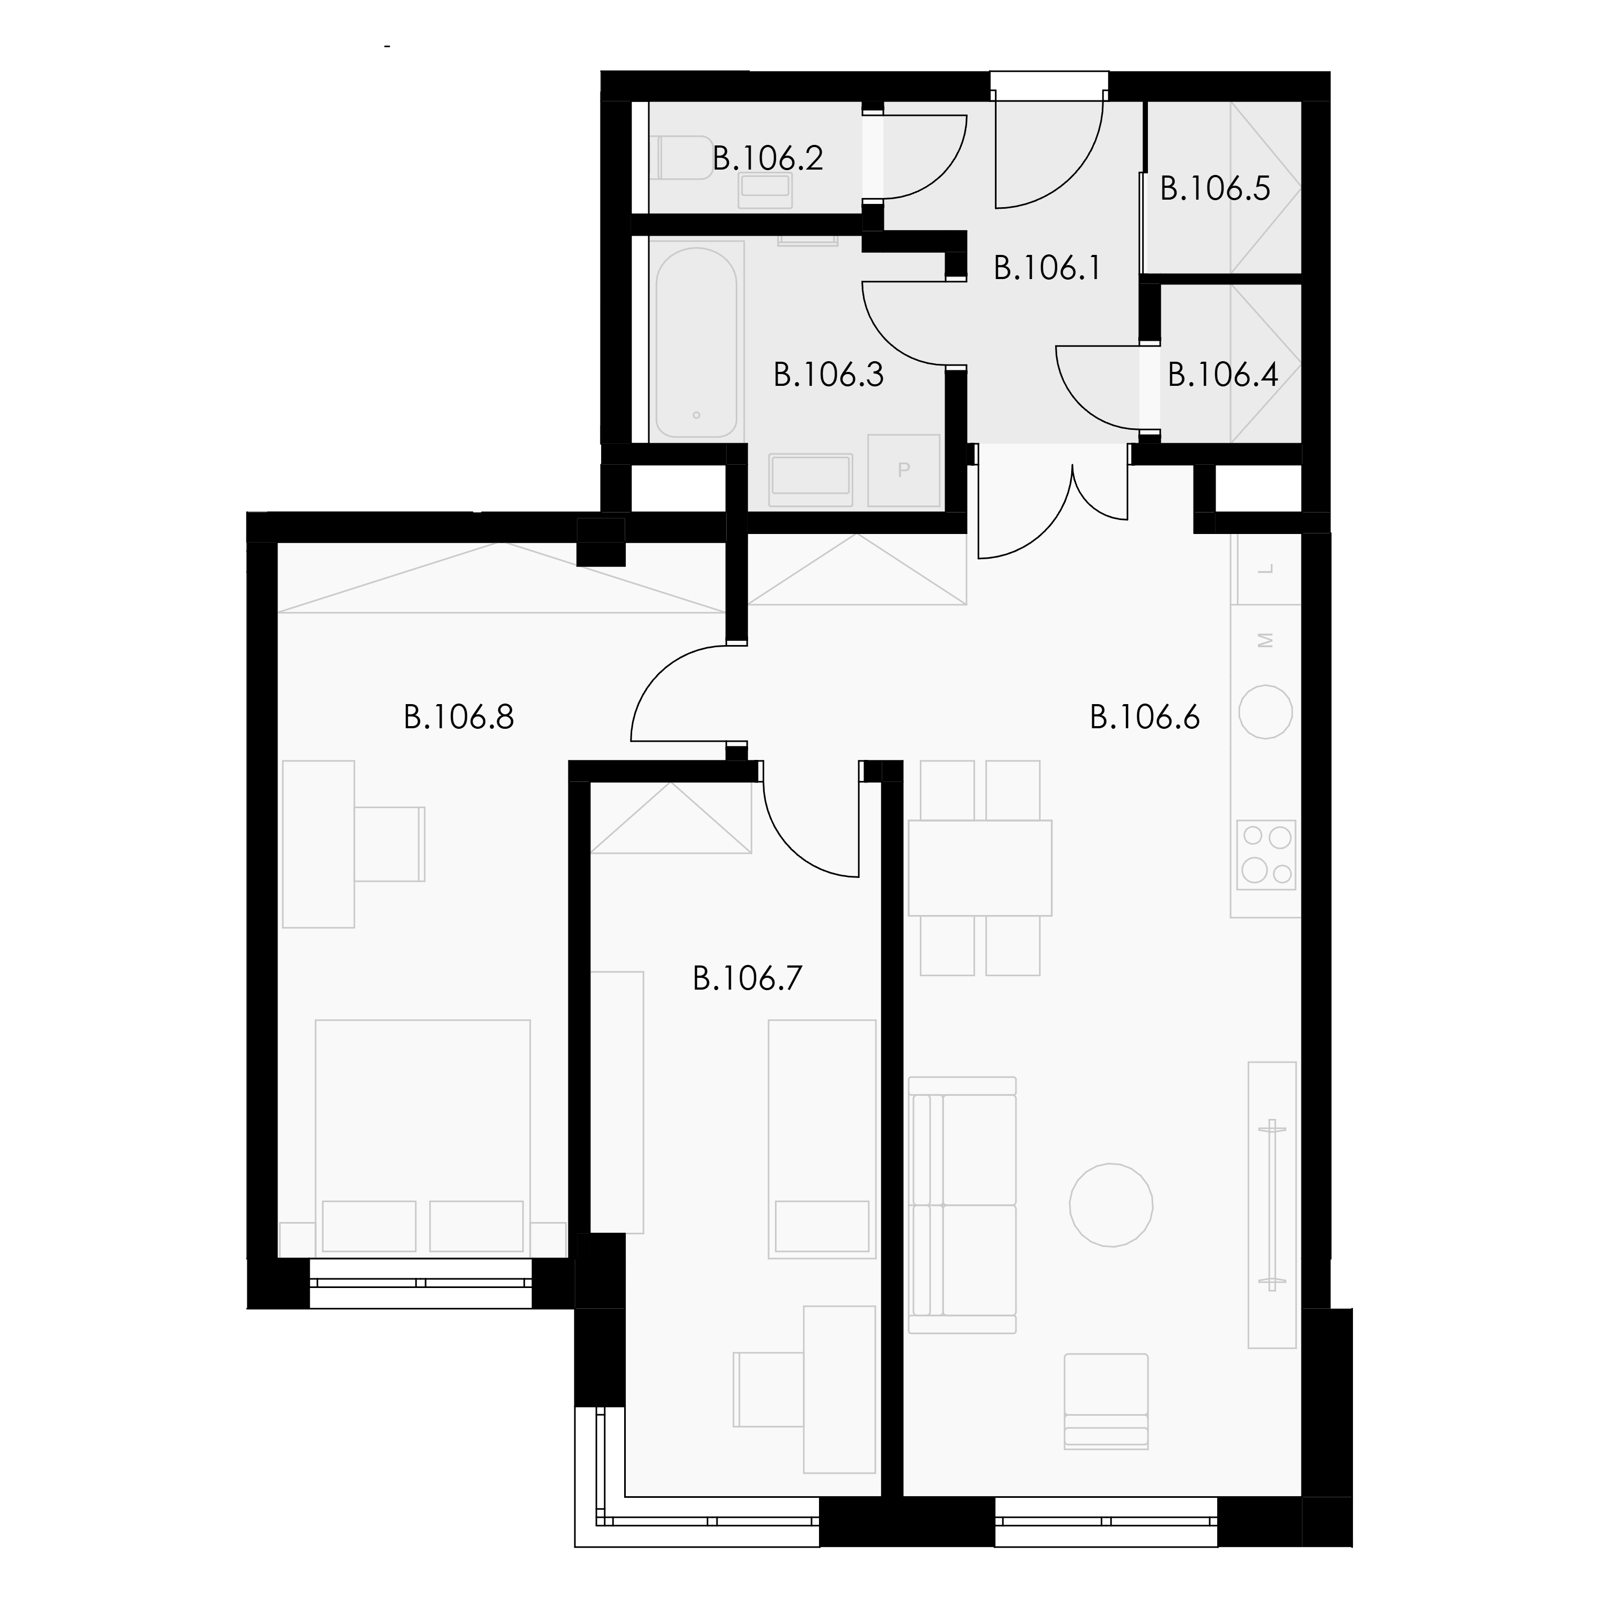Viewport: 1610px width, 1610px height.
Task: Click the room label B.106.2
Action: point(767,158)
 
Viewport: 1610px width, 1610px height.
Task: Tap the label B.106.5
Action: point(1215,189)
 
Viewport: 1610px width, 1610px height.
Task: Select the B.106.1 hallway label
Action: point(1048,268)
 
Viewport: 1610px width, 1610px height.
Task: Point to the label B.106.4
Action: point(1223,375)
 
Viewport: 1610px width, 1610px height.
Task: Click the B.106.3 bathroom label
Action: point(828,375)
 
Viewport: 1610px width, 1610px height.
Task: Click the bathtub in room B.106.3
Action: point(697,342)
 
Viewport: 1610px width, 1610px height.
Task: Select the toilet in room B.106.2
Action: point(685,157)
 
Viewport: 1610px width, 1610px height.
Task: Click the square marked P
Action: point(904,470)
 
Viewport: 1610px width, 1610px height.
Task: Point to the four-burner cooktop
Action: point(1266,854)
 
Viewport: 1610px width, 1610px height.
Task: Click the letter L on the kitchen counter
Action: point(1267,570)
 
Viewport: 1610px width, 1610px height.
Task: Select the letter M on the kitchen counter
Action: point(1267,640)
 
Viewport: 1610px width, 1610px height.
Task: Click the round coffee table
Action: point(1111,1205)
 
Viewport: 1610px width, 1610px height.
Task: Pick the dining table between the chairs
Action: point(980,867)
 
